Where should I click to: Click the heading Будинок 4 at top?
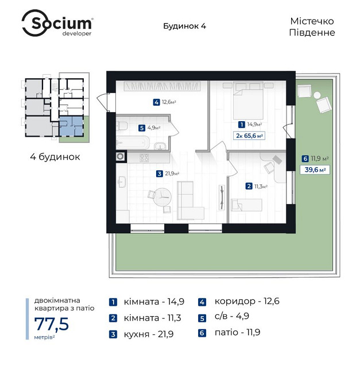181,26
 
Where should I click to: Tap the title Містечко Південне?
312,26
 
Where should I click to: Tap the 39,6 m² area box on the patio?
314,170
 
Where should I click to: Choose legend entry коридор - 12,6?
239,301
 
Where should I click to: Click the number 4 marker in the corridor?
156,103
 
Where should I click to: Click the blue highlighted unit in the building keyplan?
71,125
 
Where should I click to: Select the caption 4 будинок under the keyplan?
55,156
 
